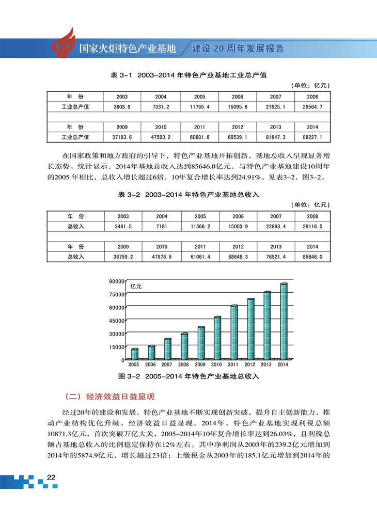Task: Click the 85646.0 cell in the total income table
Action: [312, 256]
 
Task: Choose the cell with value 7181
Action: [161, 226]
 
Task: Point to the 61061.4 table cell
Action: [199, 256]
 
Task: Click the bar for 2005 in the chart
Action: [135, 354]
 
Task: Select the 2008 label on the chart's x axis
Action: [184, 365]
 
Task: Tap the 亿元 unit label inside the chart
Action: [136, 285]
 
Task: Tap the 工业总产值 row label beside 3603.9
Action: [75, 106]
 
